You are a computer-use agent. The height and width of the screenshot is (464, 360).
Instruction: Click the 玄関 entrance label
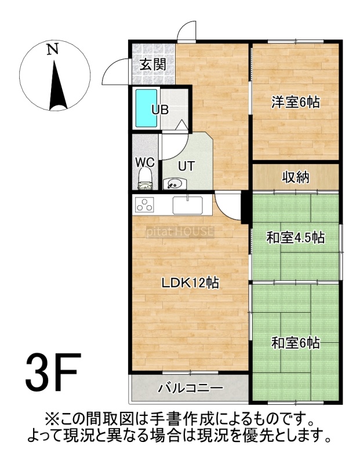152,64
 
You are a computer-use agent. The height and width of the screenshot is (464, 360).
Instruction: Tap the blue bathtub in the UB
146,108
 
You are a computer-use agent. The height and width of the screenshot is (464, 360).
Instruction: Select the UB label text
160,110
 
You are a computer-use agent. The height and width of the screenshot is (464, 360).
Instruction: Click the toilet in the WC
146,179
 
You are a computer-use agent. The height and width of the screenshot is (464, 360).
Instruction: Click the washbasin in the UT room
174,184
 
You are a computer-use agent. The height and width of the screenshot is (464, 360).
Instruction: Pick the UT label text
186,166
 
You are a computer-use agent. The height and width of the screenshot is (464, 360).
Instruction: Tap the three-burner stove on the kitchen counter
145,205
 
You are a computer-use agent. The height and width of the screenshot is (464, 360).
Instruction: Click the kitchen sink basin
188,205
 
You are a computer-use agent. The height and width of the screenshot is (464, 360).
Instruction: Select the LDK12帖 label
190,283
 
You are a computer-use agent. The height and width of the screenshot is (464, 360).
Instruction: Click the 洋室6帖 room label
296,103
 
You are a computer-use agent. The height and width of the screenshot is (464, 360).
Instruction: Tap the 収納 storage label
296,177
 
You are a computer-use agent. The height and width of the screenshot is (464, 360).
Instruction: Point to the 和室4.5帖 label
296,238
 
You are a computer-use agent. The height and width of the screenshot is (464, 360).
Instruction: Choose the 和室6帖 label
296,343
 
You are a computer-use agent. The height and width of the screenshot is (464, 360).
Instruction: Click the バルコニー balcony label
191,388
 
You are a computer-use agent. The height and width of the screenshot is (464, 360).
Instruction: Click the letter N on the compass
53,49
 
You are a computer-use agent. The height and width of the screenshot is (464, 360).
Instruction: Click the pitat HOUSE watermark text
180,231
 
